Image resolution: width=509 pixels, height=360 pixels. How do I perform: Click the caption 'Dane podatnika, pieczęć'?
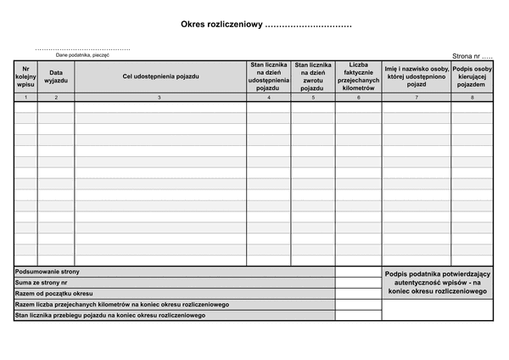83,54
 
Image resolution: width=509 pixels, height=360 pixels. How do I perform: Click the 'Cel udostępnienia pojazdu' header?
161,76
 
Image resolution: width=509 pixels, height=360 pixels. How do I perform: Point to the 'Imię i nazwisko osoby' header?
416,76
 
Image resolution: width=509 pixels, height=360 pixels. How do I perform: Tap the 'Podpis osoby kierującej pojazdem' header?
473,76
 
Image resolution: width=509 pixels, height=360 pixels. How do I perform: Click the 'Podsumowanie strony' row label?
48,272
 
